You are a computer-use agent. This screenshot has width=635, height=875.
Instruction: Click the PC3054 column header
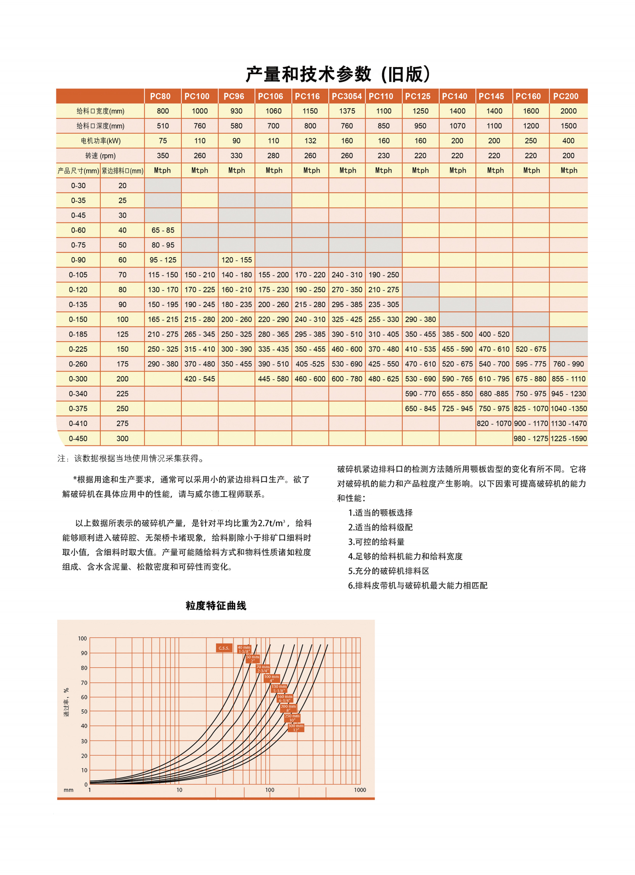[x=346, y=96]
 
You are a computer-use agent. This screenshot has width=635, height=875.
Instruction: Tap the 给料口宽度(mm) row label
[x=100, y=111]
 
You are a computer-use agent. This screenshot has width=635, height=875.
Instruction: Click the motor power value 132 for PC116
[x=310, y=141]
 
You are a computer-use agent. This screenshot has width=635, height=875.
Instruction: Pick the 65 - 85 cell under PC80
[x=163, y=230]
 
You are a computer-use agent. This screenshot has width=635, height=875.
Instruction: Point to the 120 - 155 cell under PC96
[x=236, y=260]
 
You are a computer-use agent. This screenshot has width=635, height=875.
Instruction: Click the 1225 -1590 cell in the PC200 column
[x=568, y=439]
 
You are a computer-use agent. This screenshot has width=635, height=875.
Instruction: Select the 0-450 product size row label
[x=78, y=439]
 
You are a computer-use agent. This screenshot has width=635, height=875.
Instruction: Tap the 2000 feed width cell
[x=568, y=111]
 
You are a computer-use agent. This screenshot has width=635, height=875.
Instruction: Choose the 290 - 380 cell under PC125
[x=420, y=319]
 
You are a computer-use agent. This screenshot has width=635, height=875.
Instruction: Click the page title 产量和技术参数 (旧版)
[x=338, y=74]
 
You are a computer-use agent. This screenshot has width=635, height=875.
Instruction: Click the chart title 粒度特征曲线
[x=216, y=606]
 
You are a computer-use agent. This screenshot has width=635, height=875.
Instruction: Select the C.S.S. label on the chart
[x=224, y=648]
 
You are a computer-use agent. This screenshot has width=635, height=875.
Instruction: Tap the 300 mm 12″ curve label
[x=296, y=728]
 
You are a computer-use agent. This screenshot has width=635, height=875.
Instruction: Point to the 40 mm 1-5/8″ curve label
[x=244, y=649]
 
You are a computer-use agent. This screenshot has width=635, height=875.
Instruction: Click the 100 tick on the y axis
[x=82, y=639]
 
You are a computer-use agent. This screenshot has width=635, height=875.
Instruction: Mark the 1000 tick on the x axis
[x=360, y=790]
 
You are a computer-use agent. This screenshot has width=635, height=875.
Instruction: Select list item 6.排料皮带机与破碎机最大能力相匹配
[x=417, y=585]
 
